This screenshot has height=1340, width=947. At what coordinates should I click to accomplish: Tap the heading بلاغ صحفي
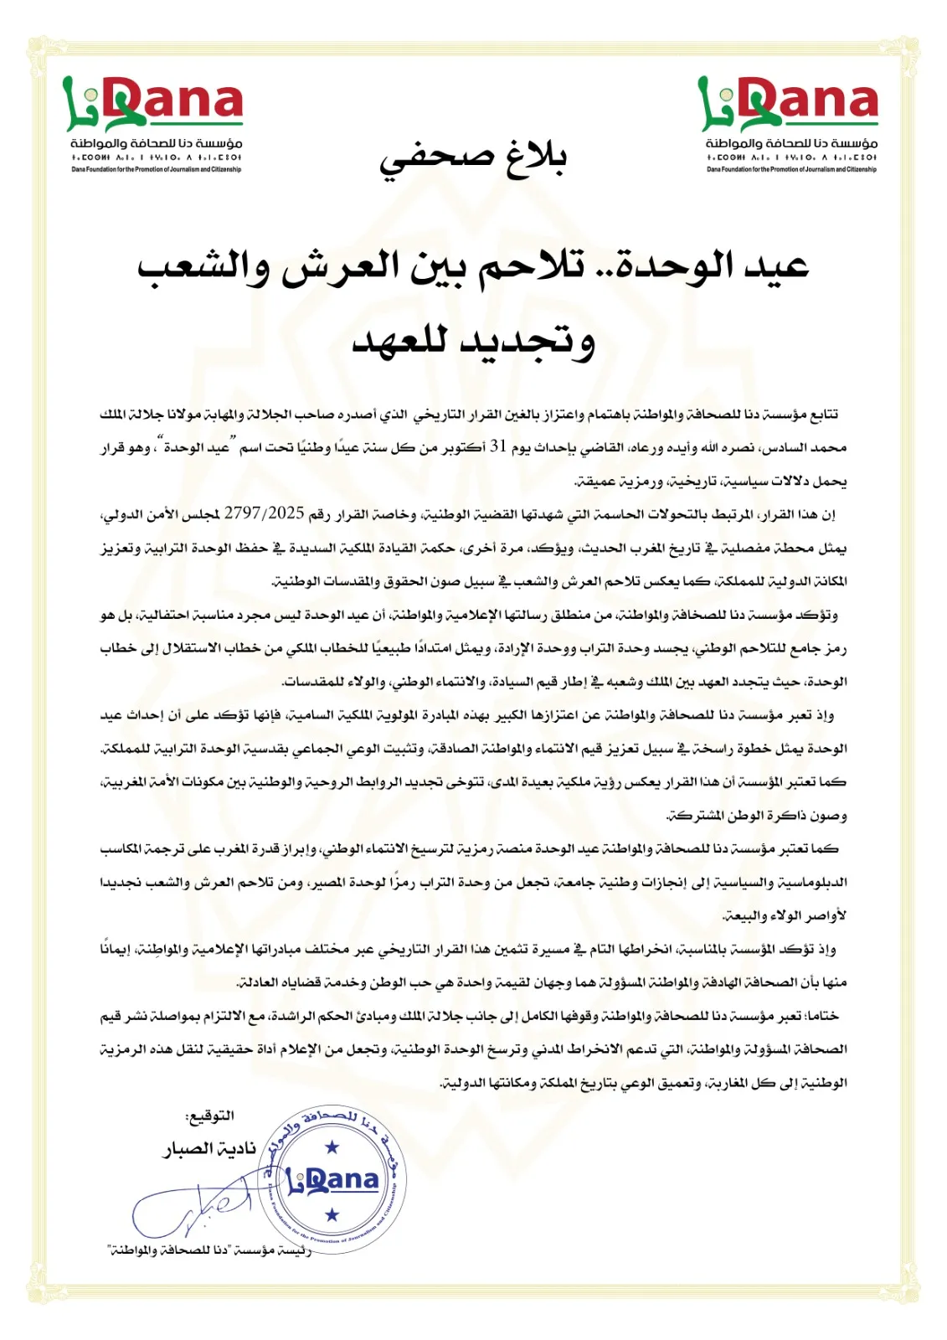click(x=474, y=157)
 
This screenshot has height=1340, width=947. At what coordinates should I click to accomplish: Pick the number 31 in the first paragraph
click(x=499, y=447)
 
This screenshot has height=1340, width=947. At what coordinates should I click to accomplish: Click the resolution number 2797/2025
click(x=265, y=513)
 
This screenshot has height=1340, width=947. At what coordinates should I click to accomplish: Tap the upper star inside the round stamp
click(x=332, y=1147)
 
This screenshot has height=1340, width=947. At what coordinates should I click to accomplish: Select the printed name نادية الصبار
click(x=209, y=1149)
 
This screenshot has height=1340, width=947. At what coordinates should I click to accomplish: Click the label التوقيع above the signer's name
click(x=209, y=1116)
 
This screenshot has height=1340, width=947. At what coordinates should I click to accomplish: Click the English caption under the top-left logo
click(x=156, y=169)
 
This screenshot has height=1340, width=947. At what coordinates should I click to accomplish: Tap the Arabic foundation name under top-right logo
click(x=791, y=144)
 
